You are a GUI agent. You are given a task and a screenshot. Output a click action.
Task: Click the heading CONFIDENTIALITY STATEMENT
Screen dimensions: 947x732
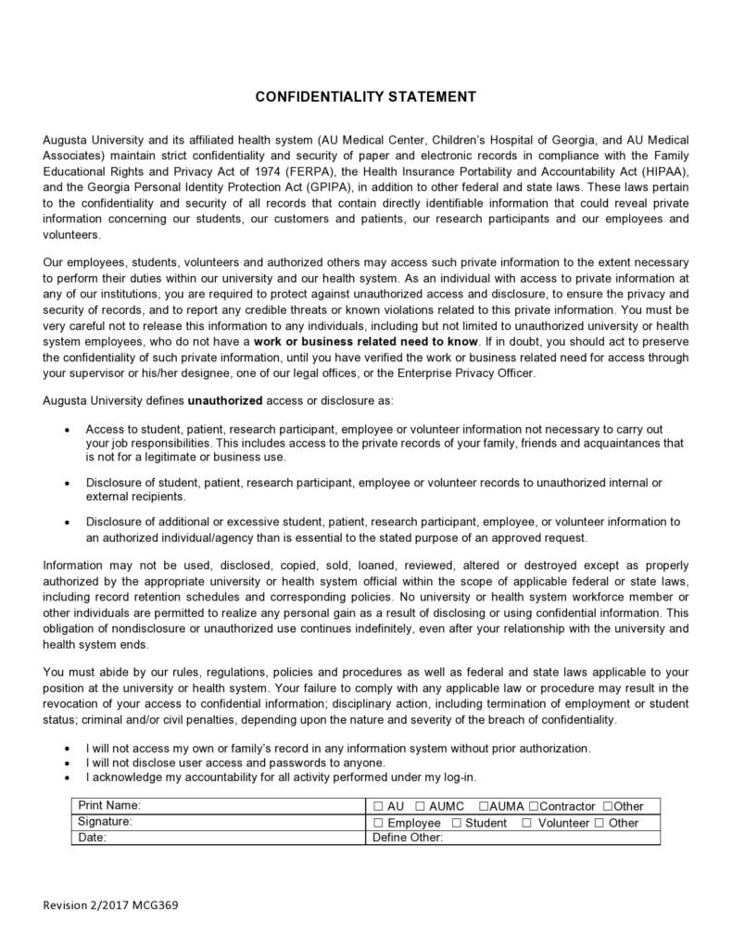pos(365,96)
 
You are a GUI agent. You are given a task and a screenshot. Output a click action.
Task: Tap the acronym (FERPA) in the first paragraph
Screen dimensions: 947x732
pos(313,172)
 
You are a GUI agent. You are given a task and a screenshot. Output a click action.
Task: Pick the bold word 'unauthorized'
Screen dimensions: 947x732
pos(225,401)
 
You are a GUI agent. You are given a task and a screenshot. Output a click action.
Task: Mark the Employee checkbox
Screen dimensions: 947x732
pos(378,823)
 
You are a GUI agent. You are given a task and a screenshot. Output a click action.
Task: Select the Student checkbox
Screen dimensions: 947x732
pos(456,823)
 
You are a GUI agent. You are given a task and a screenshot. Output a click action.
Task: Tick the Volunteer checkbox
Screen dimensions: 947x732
pos(526,823)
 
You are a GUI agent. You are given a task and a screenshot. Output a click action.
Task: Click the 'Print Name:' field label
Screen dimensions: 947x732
pos(109,805)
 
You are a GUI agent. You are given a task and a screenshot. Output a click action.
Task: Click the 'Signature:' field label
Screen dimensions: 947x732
pos(106,821)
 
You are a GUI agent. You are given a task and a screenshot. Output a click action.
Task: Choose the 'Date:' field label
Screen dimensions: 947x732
pos(93,838)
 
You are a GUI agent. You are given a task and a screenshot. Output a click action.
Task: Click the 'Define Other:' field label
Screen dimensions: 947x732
pos(408,838)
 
